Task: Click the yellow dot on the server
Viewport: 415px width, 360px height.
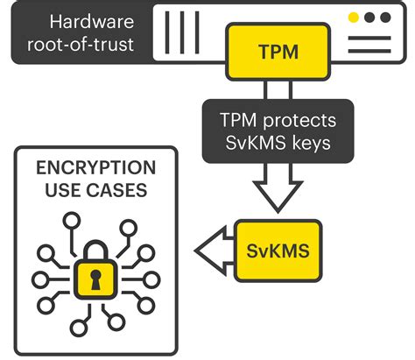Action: point(353,17)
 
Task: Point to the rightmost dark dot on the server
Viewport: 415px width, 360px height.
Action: point(385,17)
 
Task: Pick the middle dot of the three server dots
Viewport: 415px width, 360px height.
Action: point(369,17)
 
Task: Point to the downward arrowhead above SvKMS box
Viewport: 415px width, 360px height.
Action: point(277,197)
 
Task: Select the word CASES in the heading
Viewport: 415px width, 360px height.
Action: point(116,189)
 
